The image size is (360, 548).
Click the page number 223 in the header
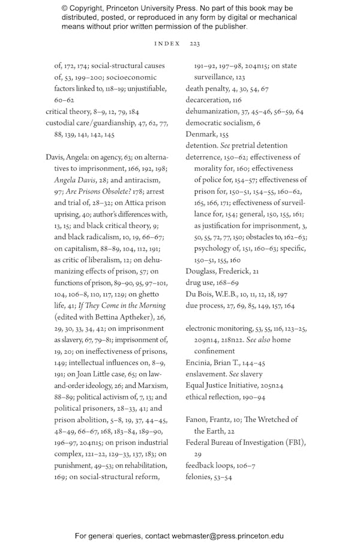pos(194,44)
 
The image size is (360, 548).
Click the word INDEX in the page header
pos(167,44)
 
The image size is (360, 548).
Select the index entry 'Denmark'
pos(200,134)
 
